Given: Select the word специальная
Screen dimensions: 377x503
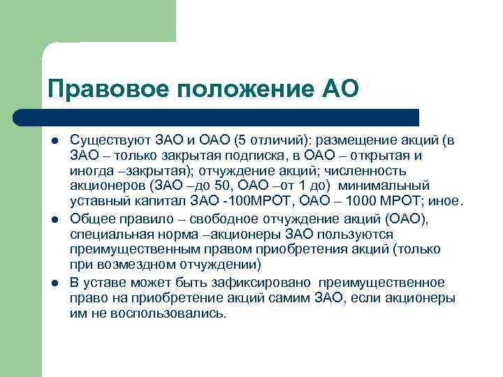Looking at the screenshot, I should click(110, 235).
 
